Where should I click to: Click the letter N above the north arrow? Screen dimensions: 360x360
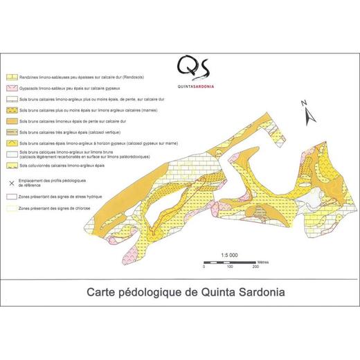303,102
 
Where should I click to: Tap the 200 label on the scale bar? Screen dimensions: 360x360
255,267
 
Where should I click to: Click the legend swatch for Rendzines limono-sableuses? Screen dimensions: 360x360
12,78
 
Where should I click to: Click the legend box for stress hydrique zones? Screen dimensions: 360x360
12,197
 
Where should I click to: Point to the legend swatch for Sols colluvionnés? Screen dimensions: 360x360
12,166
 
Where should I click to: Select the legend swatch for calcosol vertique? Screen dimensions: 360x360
12,132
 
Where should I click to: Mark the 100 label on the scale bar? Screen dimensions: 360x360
229,267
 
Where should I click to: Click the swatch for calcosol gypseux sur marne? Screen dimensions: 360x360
12,143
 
